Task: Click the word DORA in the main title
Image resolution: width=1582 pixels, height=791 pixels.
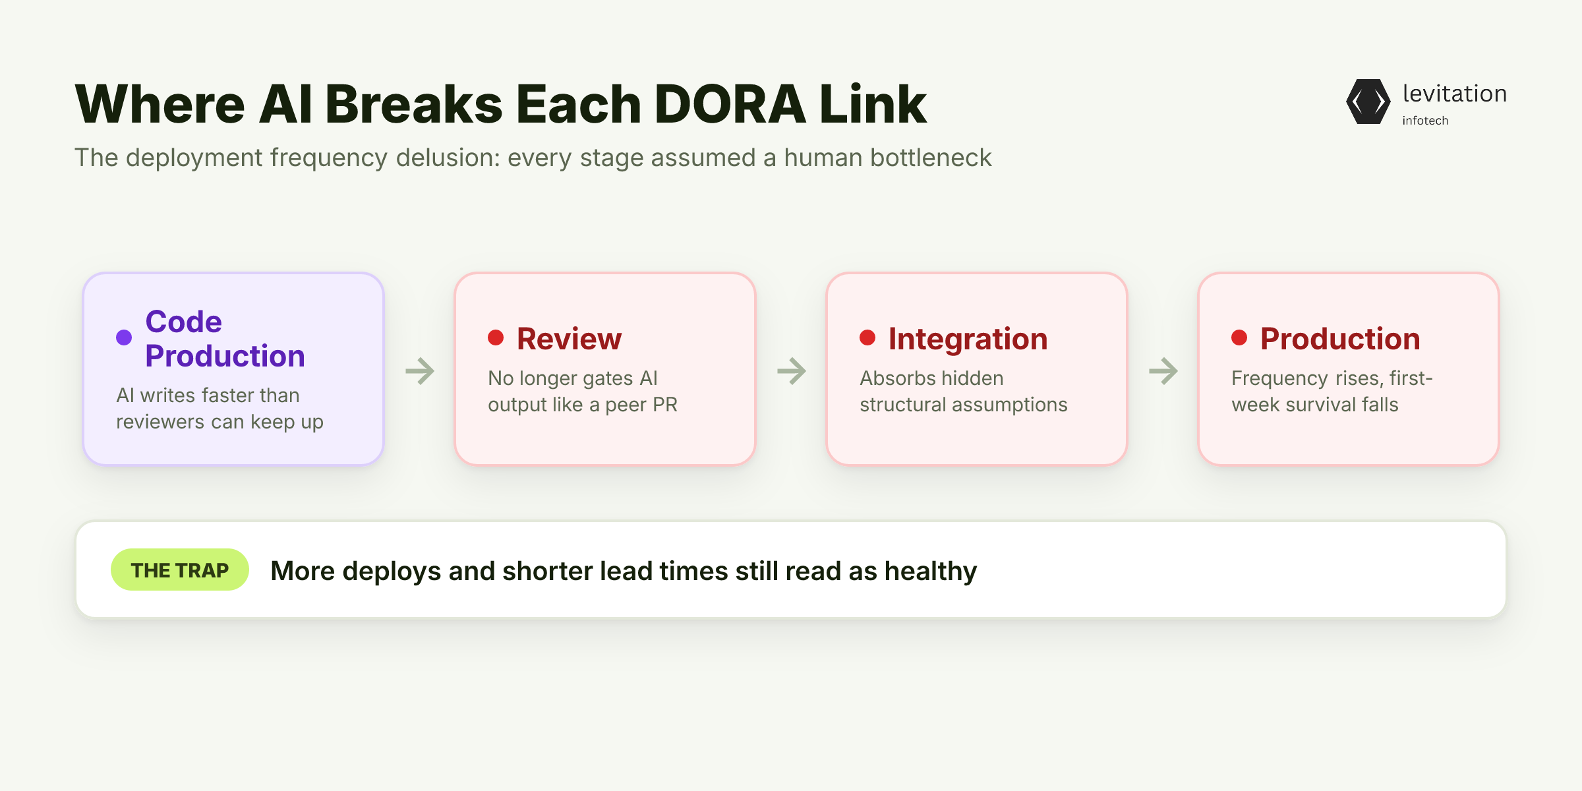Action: click(x=730, y=104)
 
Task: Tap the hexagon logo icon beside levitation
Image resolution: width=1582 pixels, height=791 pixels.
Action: click(x=1368, y=102)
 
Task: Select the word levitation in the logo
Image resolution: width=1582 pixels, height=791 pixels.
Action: click(x=1455, y=94)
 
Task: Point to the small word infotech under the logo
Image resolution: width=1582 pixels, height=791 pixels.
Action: click(x=1425, y=121)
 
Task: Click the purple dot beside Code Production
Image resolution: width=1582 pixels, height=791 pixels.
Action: click(x=124, y=337)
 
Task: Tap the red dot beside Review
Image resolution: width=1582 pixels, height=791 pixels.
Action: click(x=496, y=337)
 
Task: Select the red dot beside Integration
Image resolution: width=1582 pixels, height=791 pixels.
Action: click(x=867, y=337)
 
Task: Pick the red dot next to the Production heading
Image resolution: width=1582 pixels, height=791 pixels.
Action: click(x=1239, y=337)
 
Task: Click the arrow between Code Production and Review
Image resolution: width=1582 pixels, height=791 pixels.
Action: click(x=420, y=371)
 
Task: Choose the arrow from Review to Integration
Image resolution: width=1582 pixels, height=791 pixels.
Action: click(x=792, y=371)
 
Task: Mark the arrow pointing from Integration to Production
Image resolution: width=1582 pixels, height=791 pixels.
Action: click(x=1163, y=371)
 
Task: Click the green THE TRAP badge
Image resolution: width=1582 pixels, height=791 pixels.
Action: click(x=180, y=570)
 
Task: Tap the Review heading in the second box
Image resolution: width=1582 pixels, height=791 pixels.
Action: click(x=570, y=339)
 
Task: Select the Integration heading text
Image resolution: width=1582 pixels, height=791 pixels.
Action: click(x=968, y=339)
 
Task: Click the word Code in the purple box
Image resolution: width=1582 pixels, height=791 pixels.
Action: click(x=184, y=322)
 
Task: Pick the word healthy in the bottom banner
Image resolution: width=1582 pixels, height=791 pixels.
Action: click(x=931, y=571)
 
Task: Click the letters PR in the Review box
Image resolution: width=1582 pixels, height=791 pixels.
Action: click(x=665, y=405)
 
